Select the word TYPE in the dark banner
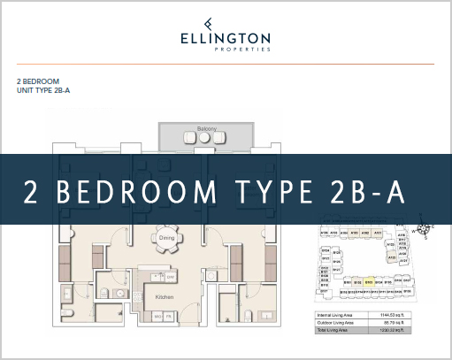pyautogui.click(x=286, y=190)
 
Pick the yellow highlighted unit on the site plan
pyautogui.click(x=368, y=282)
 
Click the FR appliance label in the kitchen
pyautogui.click(x=169, y=315)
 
